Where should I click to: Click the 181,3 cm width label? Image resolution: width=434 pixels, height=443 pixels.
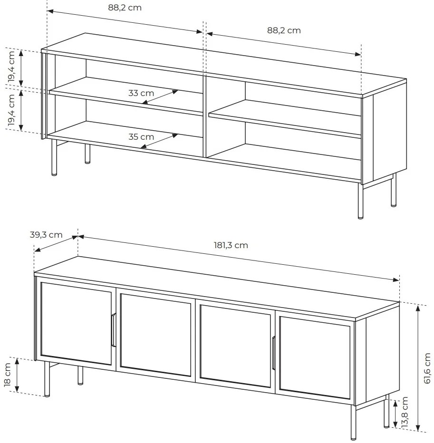pyautogui.click(x=231, y=245)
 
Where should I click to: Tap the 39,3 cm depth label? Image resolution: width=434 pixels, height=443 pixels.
pyautogui.click(x=46, y=235)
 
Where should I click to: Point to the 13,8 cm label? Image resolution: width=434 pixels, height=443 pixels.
pyautogui.click(x=405, y=412)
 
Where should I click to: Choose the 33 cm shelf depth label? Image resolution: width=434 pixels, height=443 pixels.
pyautogui.click(x=141, y=93)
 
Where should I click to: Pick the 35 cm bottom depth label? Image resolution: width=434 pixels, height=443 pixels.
pyautogui.click(x=141, y=137)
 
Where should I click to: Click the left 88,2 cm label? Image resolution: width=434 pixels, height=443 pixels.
pyautogui.click(x=125, y=8)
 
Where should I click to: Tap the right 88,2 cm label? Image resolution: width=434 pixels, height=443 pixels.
pyautogui.click(x=284, y=30)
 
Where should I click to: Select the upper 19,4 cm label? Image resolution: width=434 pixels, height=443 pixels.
pyautogui.click(x=11, y=67)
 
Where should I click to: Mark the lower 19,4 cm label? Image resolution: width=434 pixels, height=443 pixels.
pyautogui.click(x=11, y=110)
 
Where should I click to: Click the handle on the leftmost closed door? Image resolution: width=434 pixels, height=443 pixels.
pyautogui.click(x=114, y=330)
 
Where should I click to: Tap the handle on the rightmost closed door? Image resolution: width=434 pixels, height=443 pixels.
pyautogui.click(x=273, y=353)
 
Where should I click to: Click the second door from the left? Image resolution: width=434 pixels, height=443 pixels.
pyautogui.click(x=156, y=335)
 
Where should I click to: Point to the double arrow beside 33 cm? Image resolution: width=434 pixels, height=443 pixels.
pyautogui.click(x=160, y=97)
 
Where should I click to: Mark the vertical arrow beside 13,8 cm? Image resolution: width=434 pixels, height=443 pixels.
pyautogui.click(x=395, y=414)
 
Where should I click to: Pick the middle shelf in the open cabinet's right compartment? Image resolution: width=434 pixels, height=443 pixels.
pyautogui.click(x=285, y=119)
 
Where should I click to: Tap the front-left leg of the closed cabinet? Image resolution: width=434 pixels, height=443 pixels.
pyautogui.click(x=47, y=378)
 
